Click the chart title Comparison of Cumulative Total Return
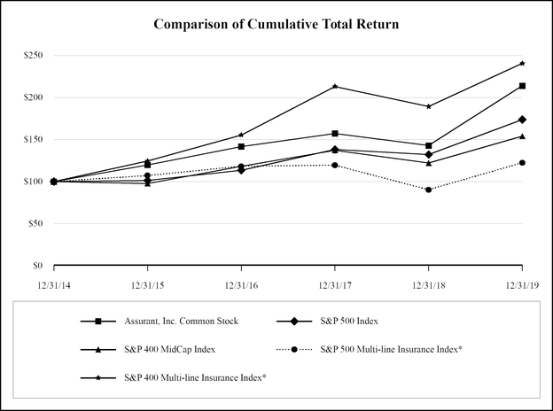(276, 23)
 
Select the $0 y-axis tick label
(36, 266)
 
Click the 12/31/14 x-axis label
(54, 285)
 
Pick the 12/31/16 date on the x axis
(241, 285)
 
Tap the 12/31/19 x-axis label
(521, 285)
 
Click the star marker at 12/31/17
(335, 87)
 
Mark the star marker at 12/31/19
(522, 63)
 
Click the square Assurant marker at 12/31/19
(522, 86)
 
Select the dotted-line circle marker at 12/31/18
(429, 190)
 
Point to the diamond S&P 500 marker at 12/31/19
(522, 120)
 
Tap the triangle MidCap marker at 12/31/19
(522, 136)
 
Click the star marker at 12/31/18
(429, 106)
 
